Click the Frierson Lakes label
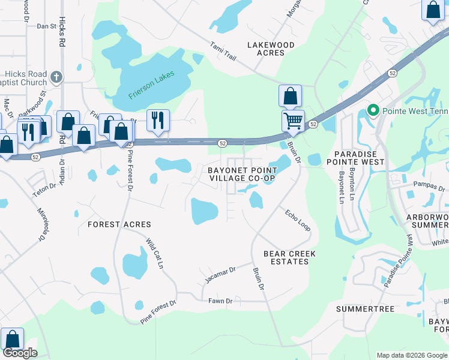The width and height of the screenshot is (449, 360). point(151,85)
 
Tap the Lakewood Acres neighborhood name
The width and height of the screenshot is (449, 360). point(271,49)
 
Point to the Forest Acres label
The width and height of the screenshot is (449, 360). point(119,224)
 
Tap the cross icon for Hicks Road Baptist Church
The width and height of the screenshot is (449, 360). point(56,77)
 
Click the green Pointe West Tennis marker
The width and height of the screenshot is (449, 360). point(373,110)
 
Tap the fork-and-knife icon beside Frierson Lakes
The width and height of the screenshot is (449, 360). point(158,119)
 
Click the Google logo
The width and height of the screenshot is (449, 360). point(20,353)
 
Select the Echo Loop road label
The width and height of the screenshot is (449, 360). point(297,220)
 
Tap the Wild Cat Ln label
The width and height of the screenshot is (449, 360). point(155,253)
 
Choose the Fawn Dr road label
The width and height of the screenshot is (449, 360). point(220,301)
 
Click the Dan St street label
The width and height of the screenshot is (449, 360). point(46,26)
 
